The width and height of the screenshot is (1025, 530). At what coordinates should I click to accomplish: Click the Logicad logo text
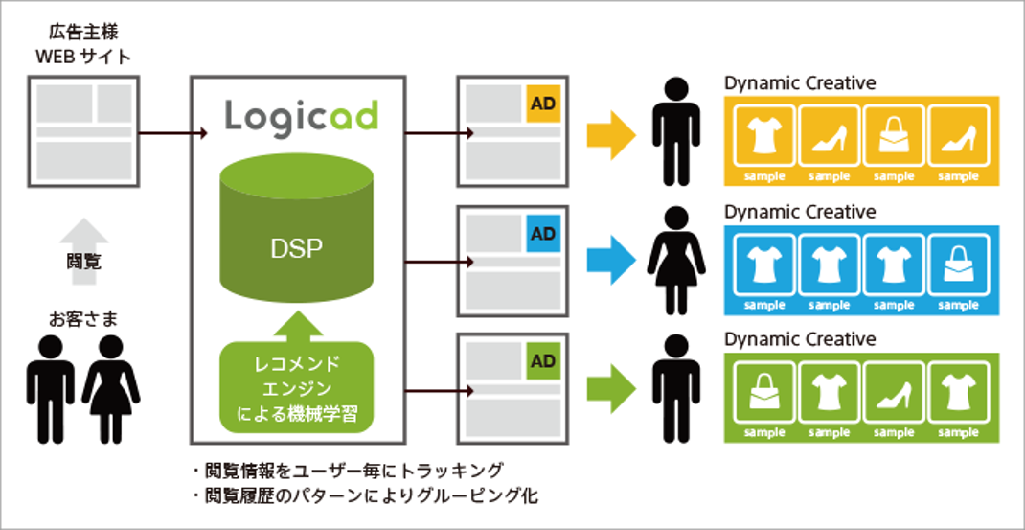pos(302,116)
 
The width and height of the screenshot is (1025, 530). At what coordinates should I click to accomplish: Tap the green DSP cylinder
pos(297,228)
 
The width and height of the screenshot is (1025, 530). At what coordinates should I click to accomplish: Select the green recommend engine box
pos(297,386)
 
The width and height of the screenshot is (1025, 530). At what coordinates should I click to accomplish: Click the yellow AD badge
pos(543,104)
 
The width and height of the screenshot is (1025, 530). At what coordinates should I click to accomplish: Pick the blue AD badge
pos(543,234)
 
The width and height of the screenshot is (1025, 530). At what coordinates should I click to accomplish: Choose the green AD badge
pos(543,361)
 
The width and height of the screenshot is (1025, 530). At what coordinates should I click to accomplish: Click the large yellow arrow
pos(611,135)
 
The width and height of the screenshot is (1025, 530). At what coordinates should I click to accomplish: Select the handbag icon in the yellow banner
pos(893,138)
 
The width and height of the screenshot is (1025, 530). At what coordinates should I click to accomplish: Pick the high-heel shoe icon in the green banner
pos(893,395)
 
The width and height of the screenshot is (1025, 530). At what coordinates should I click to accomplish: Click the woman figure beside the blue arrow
pos(676,261)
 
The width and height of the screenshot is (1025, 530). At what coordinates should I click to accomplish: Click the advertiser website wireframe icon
pos(83,132)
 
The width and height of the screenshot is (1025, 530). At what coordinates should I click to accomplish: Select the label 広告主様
pos(83,32)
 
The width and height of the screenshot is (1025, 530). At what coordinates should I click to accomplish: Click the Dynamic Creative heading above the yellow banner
pos(800,83)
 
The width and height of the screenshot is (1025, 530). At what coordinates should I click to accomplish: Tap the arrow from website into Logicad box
pos(173,133)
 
